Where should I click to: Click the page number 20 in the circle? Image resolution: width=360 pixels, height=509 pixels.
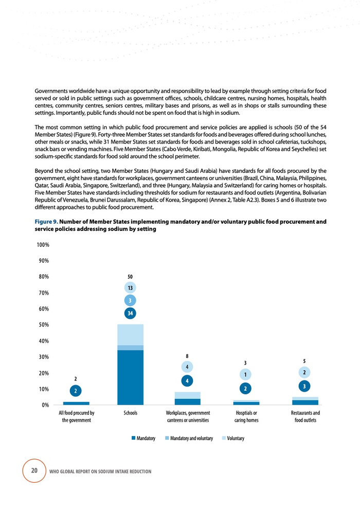point(34,470)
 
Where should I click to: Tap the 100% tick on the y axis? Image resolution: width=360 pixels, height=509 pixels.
point(43,245)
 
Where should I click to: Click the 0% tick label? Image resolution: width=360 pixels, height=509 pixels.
point(45,405)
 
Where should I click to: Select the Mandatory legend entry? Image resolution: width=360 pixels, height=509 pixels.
point(143,438)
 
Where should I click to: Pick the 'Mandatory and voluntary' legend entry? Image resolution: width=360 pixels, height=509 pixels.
point(189,438)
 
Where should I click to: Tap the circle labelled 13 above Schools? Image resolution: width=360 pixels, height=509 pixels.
point(130,288)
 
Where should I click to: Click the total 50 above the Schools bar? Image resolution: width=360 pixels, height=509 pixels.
point(130,277)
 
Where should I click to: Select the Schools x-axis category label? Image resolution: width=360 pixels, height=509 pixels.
point(130,413)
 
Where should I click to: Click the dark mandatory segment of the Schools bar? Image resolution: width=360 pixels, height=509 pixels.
point(130,377)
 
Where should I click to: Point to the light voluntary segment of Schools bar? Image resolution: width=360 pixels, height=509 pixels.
point(130,335)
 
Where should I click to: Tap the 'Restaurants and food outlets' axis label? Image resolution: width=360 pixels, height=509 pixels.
point(305,416)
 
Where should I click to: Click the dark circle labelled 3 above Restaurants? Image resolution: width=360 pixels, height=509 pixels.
point(304,385)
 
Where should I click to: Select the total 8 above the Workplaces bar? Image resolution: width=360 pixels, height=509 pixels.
point(188,355)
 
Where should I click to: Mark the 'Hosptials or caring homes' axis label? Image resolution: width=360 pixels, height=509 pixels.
point(246,416)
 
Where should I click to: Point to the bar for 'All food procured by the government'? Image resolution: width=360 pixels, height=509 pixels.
point(76,403)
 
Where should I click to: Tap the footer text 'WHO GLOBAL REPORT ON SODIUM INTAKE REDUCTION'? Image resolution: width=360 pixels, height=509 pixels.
point(100,471)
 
